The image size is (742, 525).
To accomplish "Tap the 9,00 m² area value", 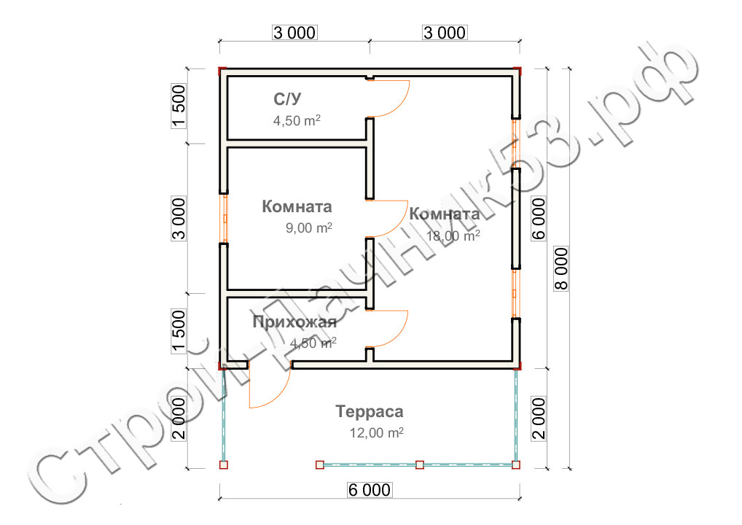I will pos(309,228).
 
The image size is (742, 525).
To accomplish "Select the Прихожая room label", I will pos(294,322).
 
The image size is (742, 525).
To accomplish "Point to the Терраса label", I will pos(370,412).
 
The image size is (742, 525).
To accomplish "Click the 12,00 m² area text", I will pos(376,432).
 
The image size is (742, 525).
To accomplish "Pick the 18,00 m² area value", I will pos(453,236).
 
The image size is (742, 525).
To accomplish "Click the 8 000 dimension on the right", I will pos(561,268).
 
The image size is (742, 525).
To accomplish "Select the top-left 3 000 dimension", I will pos(294,33).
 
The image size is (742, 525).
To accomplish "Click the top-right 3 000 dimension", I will pos(443,33).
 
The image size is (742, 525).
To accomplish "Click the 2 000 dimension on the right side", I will pos(539,418).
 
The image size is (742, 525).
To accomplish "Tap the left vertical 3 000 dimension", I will pos(180,217).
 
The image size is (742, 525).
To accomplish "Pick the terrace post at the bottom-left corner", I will pos(224,464).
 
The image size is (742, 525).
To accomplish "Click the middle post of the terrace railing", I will pos(419,464).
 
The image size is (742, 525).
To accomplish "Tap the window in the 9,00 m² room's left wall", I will pos(225,218).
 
